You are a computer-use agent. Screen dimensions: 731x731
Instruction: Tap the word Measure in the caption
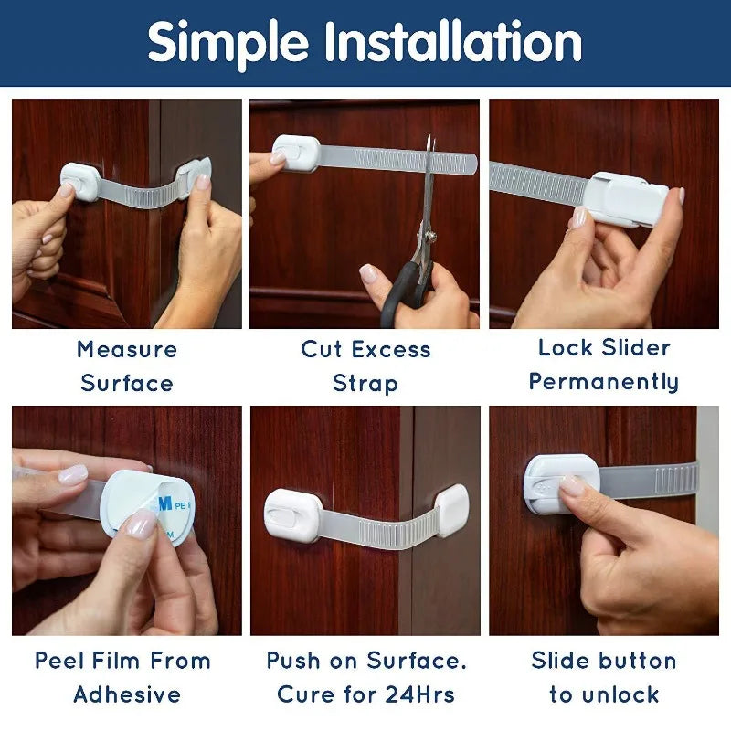point(127,349)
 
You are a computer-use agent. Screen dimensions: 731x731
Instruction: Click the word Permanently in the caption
point(604,382)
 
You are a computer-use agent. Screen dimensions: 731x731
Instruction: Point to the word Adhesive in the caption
point(127,694)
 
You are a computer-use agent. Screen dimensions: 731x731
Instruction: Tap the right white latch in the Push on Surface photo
point(452,510)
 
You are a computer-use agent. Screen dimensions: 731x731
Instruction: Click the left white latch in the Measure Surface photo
point(79,180)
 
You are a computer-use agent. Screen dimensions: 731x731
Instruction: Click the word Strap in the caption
point(365,383)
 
